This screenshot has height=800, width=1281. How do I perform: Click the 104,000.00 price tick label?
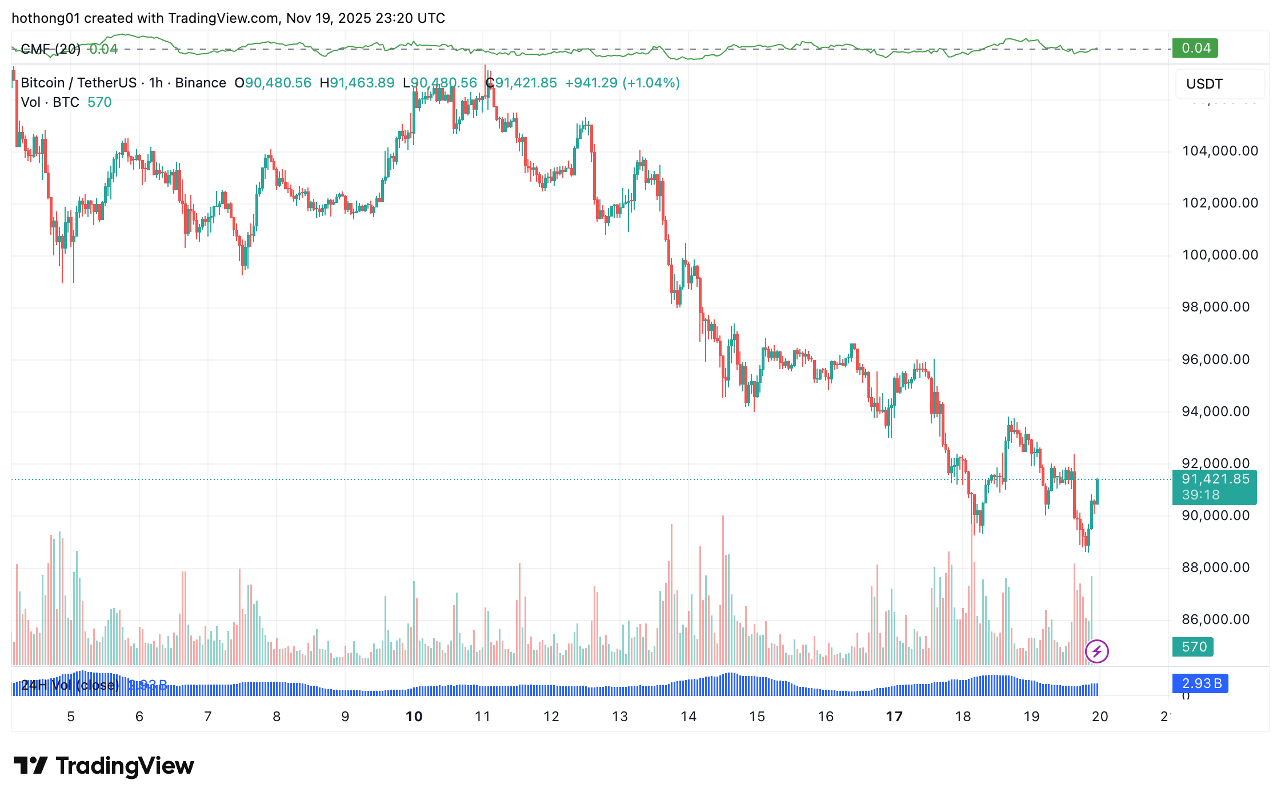1219,151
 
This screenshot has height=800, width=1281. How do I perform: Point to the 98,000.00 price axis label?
1215,307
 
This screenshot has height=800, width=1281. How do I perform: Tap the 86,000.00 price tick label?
1215,619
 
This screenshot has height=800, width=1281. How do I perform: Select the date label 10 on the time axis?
414,717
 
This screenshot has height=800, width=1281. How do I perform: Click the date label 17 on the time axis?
894,717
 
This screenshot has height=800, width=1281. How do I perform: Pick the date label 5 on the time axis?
71,717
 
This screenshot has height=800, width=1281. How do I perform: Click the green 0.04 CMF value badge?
1195,48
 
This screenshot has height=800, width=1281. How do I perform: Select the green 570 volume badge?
1194,647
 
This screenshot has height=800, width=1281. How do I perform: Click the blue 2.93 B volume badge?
1200,683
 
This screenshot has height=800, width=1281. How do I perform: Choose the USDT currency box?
1219,84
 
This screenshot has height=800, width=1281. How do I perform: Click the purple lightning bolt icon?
1096,651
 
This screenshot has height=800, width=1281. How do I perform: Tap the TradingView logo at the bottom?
104,766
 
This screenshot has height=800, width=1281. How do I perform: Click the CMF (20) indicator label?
50,49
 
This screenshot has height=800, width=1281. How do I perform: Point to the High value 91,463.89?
362,83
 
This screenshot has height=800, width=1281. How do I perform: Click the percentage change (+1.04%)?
651,83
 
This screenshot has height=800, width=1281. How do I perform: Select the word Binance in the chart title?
201,83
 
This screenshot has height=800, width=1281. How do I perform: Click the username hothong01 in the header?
46,18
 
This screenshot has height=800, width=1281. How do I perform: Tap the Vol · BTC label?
50,102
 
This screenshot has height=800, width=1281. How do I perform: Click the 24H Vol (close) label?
70,685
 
